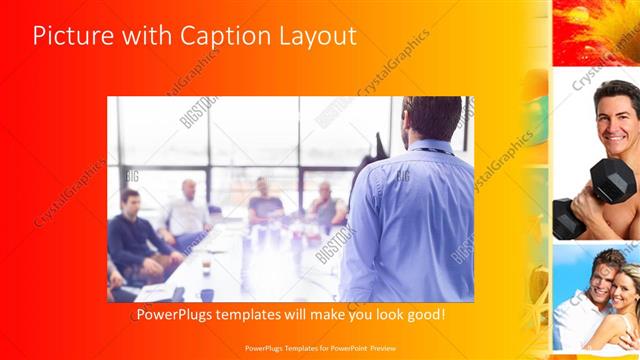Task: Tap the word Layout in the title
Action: [314, 37]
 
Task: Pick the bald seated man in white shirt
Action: [188, 212]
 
